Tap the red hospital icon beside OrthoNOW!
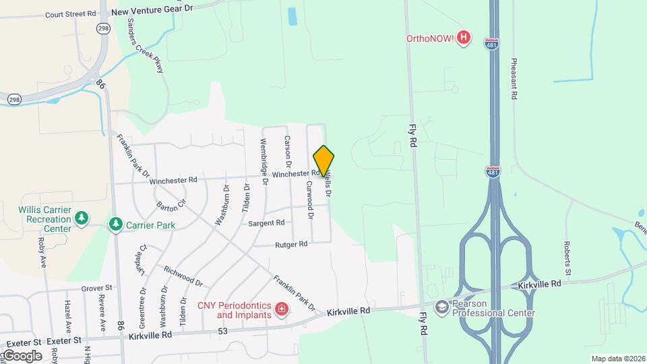coord(463,38)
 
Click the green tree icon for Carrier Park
coord(116,223)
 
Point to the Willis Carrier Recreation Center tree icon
coord(82,218)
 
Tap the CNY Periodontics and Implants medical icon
coord(282,310)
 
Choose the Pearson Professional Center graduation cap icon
coord(442,307)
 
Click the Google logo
coord(22,355)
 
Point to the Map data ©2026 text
coord(617,359)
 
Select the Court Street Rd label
coord(70,13)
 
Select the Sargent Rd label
coord(266,222)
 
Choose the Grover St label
coord(96,288)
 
